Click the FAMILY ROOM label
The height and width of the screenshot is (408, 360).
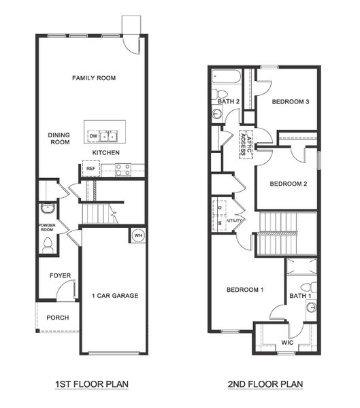pyautogui.click(x=94, y=78)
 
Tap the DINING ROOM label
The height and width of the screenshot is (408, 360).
pyautogui.click(x=59, y=138)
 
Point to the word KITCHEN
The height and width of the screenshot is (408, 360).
pyautogui.click(x=105, y=152)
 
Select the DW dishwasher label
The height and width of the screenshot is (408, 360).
pyautogui.click(x=93, y=136)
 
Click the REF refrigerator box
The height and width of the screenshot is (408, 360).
pyautogui.click(x=90, y=168)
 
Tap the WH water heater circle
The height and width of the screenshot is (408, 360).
pyautogui.click(x=137, y=235)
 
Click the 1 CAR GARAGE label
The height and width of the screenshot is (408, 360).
pyautogui.click(x=115, y=295)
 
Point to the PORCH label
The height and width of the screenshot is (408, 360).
pyautogui.click(x=57, y=318)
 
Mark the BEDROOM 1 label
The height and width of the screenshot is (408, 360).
pyautogui.click(x=245, y=290)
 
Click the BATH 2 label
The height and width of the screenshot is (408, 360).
pyautogui.click(x=229, y=102)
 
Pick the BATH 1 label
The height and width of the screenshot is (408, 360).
pyautogui.click(x=300, y=295)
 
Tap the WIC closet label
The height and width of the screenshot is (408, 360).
pyautogui.click(x=287, y=342)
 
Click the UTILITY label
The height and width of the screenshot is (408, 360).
pyautogui.click(x=234, y=220)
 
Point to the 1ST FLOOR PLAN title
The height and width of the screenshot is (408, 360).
pyautogui.click(x=92, y=384)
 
